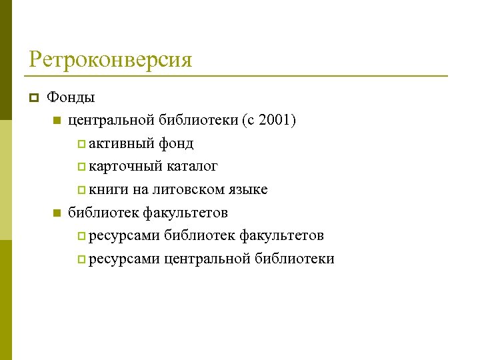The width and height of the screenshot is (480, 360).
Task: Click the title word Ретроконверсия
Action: coord(110,60)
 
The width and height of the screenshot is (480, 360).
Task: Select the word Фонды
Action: coord(71,97)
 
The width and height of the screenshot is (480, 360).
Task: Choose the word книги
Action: coord(109,189)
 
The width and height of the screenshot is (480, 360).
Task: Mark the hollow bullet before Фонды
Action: coord(32,98)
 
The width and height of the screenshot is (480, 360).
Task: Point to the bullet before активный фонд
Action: coord(81,144)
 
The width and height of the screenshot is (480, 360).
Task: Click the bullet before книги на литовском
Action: coord(81,190)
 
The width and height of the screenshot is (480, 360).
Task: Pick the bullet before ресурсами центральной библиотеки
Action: coord(81,259)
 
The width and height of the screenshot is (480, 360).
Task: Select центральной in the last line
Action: coord(207,259)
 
